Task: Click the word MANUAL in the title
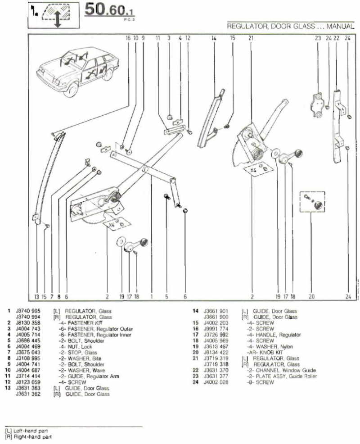(341, 27)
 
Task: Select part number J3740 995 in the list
(27, 311)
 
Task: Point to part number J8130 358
(27, 322)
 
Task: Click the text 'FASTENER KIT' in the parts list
(85, 322)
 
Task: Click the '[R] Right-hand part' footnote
(28, 436)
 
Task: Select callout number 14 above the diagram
(214, 39)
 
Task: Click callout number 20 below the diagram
(311, 297)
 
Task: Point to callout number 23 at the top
(318, 39)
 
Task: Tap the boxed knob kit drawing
(312, 201)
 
